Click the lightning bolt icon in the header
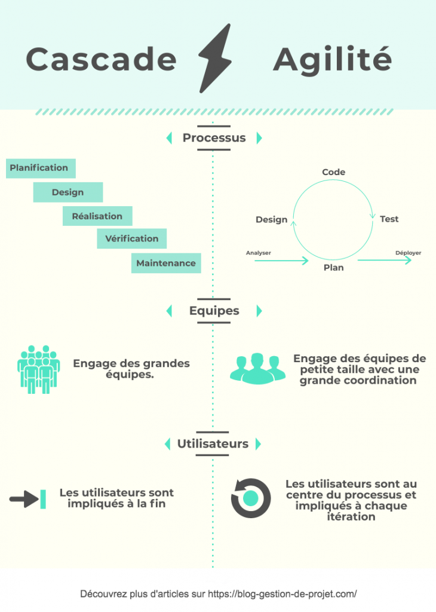click(215, 59)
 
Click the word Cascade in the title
click(102, 59)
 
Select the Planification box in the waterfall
click(41, 168)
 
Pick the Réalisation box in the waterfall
click(97, 216)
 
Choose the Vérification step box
click(132, 238)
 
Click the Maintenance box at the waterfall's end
click(166, 263)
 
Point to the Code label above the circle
click(333, 172)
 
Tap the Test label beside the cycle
click(389, 219)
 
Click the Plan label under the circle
click(334, 268)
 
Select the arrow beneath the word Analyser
click(281, 261)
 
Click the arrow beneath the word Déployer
click(385, 260)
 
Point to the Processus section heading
click(214, 138)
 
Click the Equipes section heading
click(214, 311)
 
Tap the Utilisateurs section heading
click(213, 444)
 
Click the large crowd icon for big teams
click(39, 369)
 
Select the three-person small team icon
click(257, 368)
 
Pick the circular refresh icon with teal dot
click(251, 498)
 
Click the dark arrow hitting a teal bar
click(27, 499)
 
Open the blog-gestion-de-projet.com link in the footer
click(282, 594)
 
